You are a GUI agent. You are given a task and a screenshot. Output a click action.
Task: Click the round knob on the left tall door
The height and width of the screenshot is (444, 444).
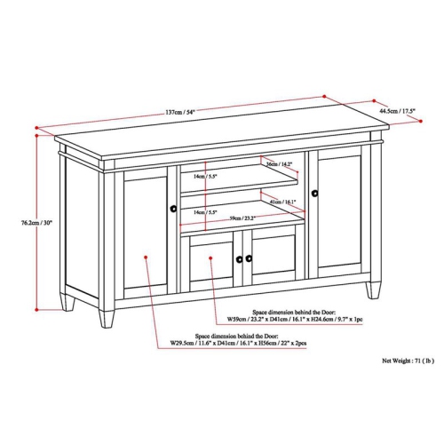tap(172, 209)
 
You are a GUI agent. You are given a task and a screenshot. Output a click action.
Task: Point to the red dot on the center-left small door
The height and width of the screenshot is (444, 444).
tap(210, 258)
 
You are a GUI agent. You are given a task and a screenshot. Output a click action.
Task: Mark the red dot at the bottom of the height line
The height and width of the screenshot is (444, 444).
tap(36, 309)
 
